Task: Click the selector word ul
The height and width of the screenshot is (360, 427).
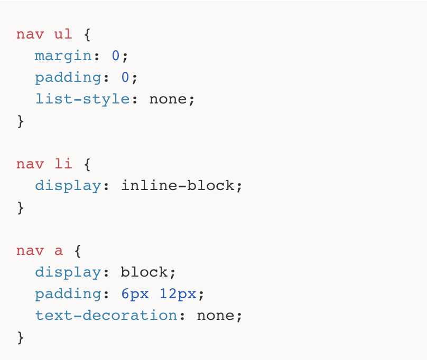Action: pyautogui.click(x=64, y=34)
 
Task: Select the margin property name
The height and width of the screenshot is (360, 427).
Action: pyautogui.click(x=63, y=55)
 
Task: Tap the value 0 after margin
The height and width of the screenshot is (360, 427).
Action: pyautogui.click(x=116, y=55)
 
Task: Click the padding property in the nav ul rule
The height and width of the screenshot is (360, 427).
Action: pyautogui.click(x=68, y=78)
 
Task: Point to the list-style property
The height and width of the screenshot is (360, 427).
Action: pyautogui.click(x=82, y=99)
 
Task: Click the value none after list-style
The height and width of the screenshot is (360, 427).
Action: pyautogui.click(x=168, y=99)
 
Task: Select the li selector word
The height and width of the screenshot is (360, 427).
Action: pyautogui.click(x=64, y=164)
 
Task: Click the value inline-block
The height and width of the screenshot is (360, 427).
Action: pyautogui.click(x=178, y=185)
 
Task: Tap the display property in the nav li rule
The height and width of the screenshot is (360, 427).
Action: pyautogui.click(x=68, y=185)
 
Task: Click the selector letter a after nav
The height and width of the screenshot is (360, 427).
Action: pyautogui.click(x=59, y=250)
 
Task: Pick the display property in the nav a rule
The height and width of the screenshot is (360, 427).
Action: pyautogui.click(x=68, y=272)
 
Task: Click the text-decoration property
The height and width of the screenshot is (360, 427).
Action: pyautogui.click(x=106, y=315)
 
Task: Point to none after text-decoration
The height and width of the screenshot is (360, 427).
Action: pyautogui.click(x=216, y=315)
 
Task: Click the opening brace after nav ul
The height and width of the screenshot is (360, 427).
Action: pyautogui.click(x=87, y=35)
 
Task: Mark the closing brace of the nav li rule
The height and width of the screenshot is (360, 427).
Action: pyautogui.click(x=21, y=207)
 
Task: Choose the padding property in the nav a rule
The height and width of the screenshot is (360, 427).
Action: pyautogui.click(x=68, y=294)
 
